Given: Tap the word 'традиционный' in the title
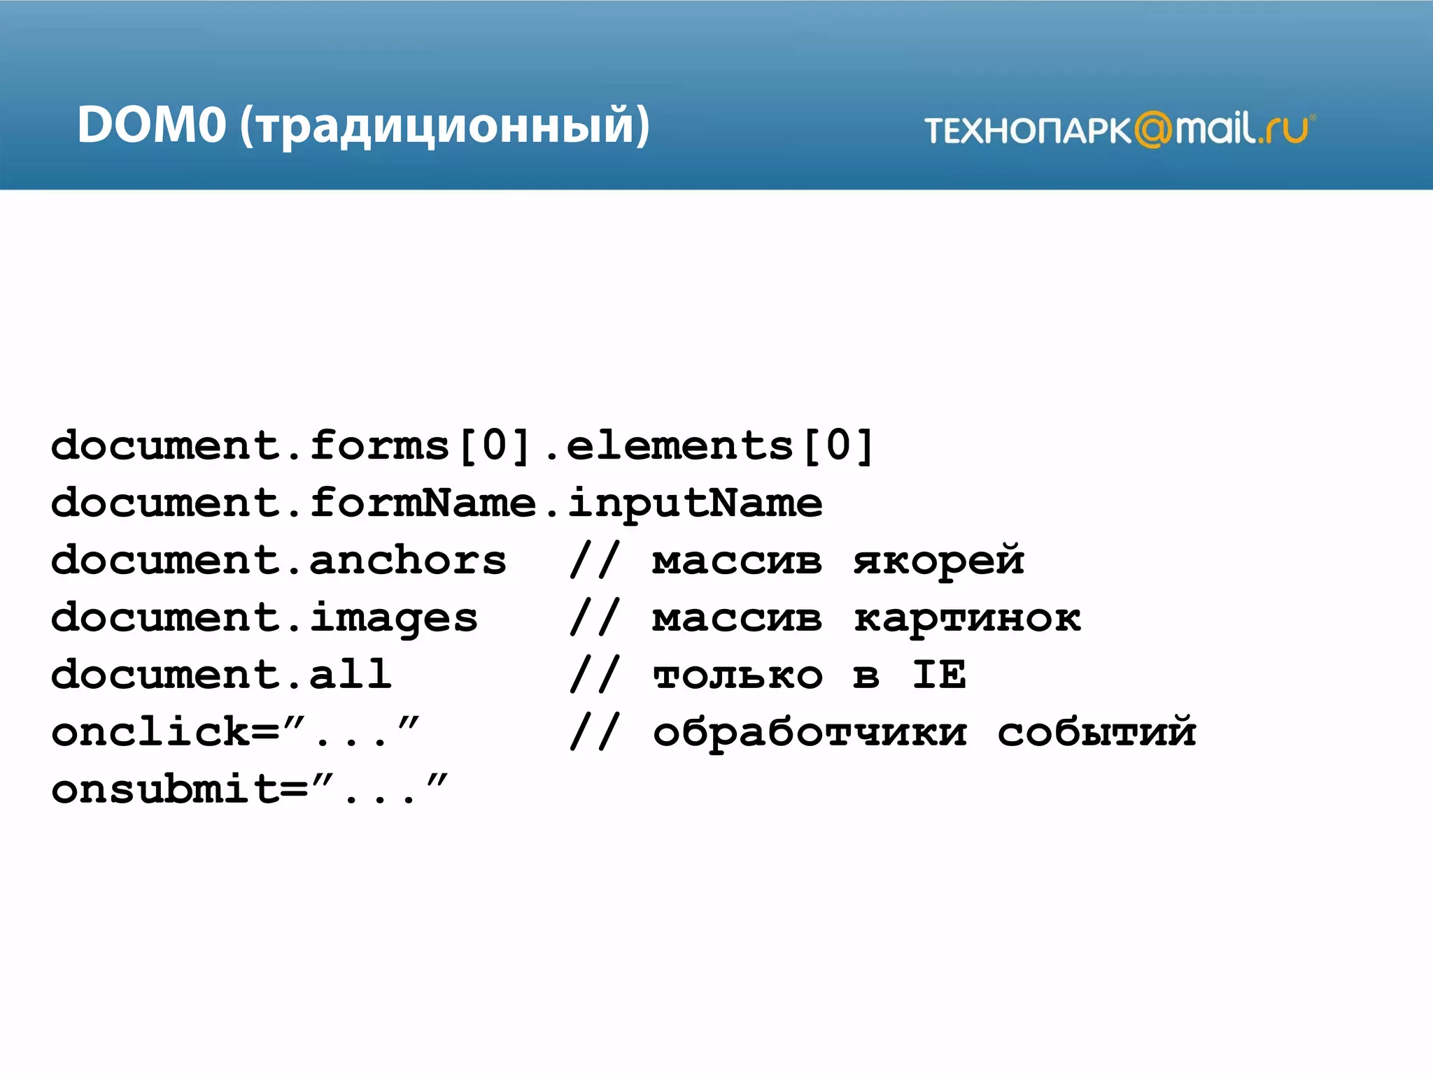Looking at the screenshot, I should point(444,127).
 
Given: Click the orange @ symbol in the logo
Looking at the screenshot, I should point(1152,129).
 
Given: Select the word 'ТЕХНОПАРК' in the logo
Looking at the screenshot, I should point(1027,131).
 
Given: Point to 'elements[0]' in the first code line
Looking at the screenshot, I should point(720,445).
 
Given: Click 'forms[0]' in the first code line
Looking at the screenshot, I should point(420,445).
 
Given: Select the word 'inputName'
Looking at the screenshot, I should point(695,504).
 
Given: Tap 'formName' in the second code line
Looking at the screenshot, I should point(423,503).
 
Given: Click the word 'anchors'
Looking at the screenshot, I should point(408,560).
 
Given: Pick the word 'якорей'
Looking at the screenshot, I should point(938,561).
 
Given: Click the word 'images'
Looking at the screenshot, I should point(394,619).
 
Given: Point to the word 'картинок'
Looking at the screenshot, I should point(967,619).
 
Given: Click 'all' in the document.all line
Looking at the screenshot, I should point(351,675).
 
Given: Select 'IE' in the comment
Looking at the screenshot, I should point(939,675).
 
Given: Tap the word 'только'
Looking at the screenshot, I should point(737,676).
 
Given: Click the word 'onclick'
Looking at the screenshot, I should point(150,732).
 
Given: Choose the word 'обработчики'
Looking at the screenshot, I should point(810,732).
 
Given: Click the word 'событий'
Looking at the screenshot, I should point(1096,732).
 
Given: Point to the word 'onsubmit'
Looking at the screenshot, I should point(165,789).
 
